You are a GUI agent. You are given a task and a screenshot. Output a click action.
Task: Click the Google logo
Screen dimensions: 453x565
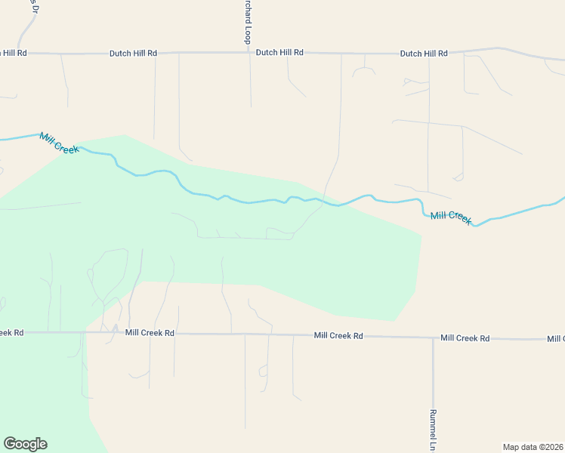pyautogui.click(x=25, y=444)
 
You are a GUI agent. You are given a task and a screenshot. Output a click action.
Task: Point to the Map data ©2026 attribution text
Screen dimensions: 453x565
pyautogui.click(x=533, y=447)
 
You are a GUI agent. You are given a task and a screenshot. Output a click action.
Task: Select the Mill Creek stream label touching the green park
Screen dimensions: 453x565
pyautogui.click(x=59, y=143)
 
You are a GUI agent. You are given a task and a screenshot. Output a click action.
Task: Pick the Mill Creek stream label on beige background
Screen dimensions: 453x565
pyautogui.click(x=451, y=217)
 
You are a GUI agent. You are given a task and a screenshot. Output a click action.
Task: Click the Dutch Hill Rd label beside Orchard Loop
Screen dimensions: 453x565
pyautogui.click(x=279, y=53)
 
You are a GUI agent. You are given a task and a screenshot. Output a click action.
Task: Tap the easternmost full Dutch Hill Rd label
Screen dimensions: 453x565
pyautogui.click(x=424, y=54)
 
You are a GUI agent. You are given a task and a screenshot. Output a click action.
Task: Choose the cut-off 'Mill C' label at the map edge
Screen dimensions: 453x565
pyautogui.click(x=556, y=338)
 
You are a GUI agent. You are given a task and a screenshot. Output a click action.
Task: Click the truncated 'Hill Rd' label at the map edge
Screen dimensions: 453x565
pyautogui.click(x=14, y=53)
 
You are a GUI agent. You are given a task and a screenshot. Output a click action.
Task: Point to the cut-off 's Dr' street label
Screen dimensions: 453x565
pyautogui.click(x=33, y=7)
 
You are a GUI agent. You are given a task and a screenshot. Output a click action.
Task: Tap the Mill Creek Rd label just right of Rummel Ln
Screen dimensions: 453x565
pyautogui.click(x=465, y=338)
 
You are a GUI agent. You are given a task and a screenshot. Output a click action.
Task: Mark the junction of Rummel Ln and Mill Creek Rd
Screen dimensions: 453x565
pyautogui.click(x=433, y=337)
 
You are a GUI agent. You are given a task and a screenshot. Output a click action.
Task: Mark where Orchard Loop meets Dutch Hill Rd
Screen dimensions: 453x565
pyautogui.click(x=249, y=53)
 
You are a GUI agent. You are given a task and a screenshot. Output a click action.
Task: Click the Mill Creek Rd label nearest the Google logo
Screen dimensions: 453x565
pyautogui.click(x=150, y=332)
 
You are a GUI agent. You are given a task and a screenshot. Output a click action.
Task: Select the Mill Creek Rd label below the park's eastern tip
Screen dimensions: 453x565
pyautogui.click(x=338, y=335)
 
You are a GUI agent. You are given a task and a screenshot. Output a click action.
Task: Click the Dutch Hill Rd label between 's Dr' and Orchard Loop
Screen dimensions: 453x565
pyautogui.click(x=133, y=54)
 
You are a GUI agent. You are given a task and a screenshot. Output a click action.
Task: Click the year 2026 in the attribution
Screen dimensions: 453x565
pyautogui.click(x=552, y=447)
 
